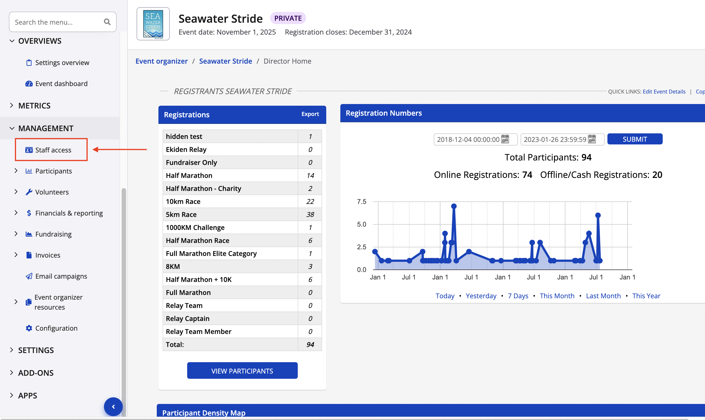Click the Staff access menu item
(53, 150)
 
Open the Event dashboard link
(61, 84)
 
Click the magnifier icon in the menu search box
(107, 22)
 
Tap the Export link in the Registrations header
(310, 114)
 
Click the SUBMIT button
(634, 139)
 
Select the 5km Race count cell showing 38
(310, 214)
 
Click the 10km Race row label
(183, 201)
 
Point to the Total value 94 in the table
(310, 344)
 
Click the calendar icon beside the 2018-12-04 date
(505, 139)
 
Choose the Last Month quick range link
(603, 296)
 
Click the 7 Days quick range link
(518, 296)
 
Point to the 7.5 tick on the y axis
(361, 201)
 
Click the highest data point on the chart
(454, 206)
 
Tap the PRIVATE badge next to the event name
(288, 18)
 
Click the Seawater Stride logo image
(153, 24)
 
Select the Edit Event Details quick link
(664, 91)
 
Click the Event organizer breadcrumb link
(161, 61)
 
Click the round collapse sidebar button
(113, 407)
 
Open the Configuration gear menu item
(56, 328)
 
